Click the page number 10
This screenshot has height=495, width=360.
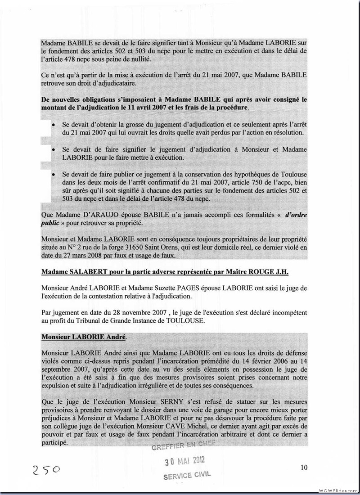pos(304,468)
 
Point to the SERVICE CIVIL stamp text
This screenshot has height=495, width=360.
pos(186,475)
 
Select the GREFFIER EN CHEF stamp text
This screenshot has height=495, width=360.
pos(184,447)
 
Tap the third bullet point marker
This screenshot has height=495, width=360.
pos(54,174)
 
